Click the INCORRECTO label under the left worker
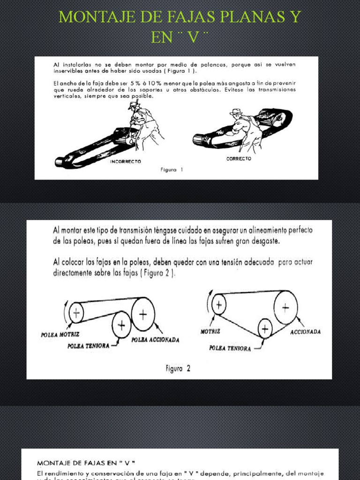pyautogui.click(x=125, y=161)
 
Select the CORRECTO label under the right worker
pyautogui.click(x=239, y=158)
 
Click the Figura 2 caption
pyautogui.click(x=178, y=368)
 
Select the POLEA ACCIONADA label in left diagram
pyautogui.click(x=155, y=340)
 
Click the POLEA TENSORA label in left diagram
pyautogui.click(x=89, y=345)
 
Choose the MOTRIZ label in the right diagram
pyautogui.click(x=210, y=331)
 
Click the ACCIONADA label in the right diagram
pyautogui.click(x=305, y=332)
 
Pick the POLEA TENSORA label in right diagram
pyautogui.click(x=230, y=348)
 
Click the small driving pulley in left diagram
pyautogui.click(x=76, y=312)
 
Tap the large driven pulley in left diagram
pyautogui.click(x=143, y=314)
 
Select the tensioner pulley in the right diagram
pyautogui.click(x=265, y=328)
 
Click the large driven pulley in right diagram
pyautogui.click(x=285, y=307)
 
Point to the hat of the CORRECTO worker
pyautogui.click(x=235, y=112)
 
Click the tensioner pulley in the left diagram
pyautogui.click(x=121, y=324)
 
